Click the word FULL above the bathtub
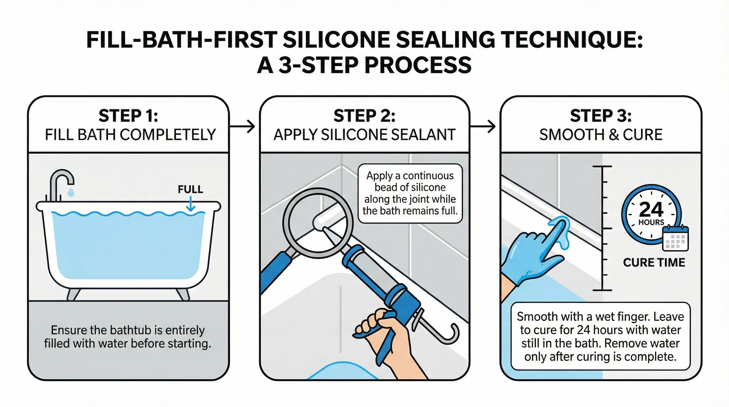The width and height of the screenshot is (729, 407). (x=190, y=189)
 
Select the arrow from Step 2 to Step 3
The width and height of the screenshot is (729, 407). (x=483, y=126)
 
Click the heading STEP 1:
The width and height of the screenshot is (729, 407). (x=128, y=116)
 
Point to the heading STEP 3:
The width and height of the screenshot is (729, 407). (x=601, y=116)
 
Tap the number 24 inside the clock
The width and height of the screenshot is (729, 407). (x=651, y=209)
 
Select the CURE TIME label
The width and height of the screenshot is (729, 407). (x=654, y=263)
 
